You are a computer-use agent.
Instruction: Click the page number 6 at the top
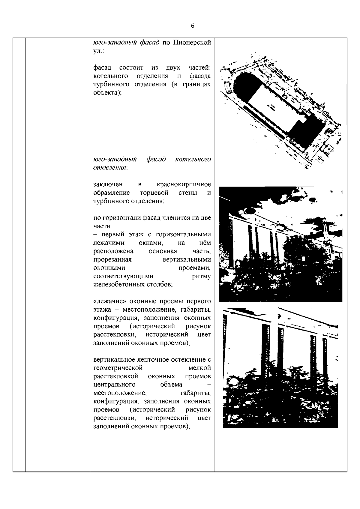[x=193, y=26]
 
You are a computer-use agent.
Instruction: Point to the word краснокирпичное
[x=184, y=184]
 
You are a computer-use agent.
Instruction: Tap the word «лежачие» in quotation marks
[x=106, y=301]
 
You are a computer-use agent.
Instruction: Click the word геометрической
[x=118, y=368]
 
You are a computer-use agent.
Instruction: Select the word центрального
[x=114, y=385]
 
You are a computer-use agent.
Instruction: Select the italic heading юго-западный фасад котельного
[x=152, y=159]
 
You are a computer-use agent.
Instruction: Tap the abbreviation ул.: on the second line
[x=99, y=51]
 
